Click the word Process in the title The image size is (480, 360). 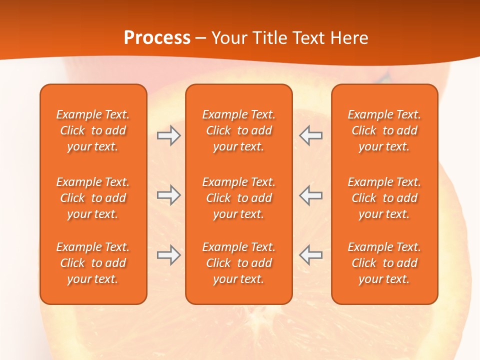(x=157, y=38)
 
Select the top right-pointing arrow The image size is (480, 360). (x=168, y=135)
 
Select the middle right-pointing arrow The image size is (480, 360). (x=168, y=195)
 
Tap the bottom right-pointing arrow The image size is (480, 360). (x=168, y=255)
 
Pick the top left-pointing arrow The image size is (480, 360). (x=311, y=135)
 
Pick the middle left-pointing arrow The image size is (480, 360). (x=311, y=195)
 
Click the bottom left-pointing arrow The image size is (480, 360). (x=311, y=255)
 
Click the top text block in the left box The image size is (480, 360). (x=93, y=130)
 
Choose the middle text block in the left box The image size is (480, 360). (x=93, y=198)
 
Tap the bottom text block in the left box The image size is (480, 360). (x=93, y=263)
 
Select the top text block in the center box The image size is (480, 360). (x=238, y=130)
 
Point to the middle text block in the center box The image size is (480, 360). (x=238, y=198)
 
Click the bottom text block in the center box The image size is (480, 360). (x=238, y=263)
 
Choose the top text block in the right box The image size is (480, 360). (x=384, y=130)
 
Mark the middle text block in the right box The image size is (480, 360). (x=384, y=198)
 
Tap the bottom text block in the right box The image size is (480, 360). (x=384, y=263)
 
